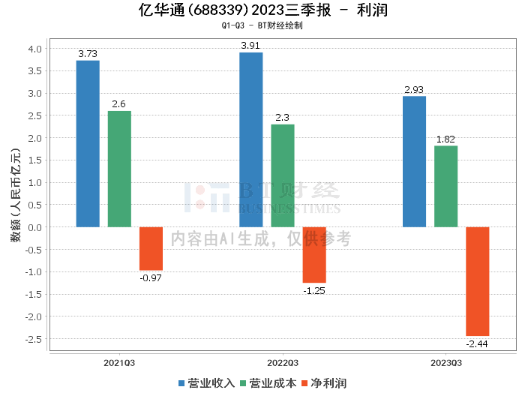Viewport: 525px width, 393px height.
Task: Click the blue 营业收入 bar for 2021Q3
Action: (x=88, y=143)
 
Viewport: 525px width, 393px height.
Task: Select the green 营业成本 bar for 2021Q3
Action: (x=119, y=169)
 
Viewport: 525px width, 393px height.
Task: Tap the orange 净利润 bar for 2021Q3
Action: (x=151, y=248)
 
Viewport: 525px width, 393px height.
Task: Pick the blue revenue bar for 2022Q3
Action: (x=250, y=139)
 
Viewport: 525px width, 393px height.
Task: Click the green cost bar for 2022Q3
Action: (x=283, y=175)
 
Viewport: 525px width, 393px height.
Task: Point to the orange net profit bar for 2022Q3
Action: (x=314, y=254)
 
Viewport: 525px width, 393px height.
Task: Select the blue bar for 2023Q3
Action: (x=414, y=161)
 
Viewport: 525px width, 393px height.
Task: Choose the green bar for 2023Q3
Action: (x=445, y=186)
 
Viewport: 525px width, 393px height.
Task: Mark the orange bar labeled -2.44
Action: (x=477, y=281)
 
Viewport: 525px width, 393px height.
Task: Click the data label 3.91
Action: (x=251, y=46)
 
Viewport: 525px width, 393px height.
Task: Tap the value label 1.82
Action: (x=445, y=139)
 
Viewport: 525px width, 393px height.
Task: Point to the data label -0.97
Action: (x=151, y=278)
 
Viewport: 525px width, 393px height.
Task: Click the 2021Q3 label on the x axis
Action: (x=119, y=363)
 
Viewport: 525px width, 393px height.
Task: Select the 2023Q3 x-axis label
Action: (x=445, y=363)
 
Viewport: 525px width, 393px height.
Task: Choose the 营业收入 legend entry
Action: (x=207, y=383)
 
